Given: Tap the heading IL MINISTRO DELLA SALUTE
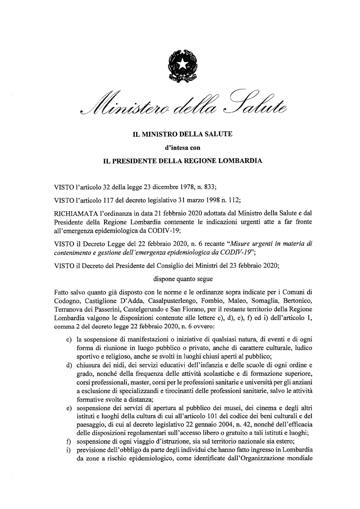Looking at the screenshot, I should click(x=182, y=134).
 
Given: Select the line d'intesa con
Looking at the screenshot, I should click(x=182, y=148).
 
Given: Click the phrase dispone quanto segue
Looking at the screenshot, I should click(x=183, y=279).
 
